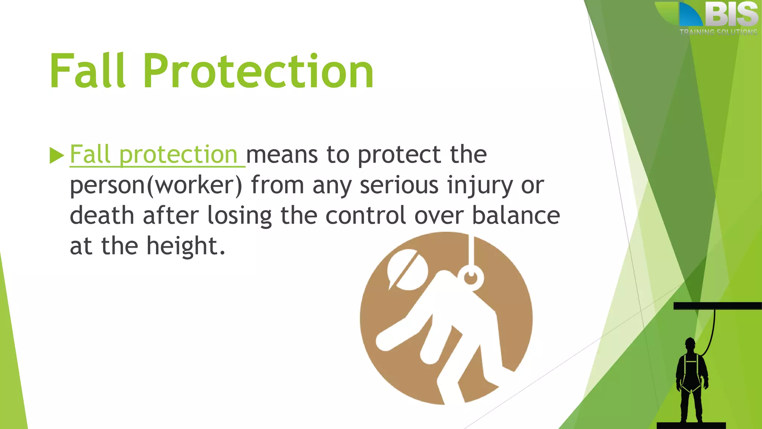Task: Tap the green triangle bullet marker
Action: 57,155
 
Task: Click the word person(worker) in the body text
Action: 156,185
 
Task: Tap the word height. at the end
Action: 186,246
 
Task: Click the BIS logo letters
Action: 731,15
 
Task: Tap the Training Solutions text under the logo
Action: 718,32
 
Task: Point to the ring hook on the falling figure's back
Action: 471,278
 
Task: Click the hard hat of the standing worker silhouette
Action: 690,341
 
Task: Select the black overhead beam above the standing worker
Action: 717,306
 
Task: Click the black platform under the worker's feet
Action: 691,425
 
